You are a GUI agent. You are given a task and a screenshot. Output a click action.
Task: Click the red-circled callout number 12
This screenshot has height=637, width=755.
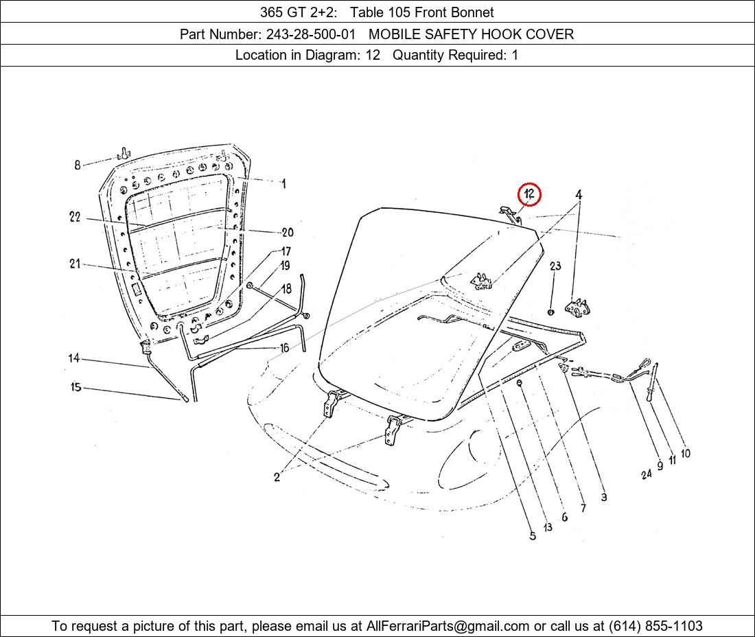click(x=530, y=194)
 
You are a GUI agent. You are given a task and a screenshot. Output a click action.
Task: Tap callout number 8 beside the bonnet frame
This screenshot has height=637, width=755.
click(x=77, y=165)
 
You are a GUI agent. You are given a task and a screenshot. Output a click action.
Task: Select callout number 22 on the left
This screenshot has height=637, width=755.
click(x=75, y=217)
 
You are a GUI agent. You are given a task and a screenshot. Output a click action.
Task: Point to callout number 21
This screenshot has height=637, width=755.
click(x=75, y=264)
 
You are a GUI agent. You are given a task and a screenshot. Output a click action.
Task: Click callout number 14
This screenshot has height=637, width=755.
click(x=73, y=358)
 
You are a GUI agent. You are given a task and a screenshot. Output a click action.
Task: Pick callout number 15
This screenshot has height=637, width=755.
click(x=76, y=386)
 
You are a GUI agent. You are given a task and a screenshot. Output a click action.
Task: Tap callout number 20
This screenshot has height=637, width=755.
click(x=288, y=233)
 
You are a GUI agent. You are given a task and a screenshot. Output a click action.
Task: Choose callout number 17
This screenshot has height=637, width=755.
click(x=286, y=251)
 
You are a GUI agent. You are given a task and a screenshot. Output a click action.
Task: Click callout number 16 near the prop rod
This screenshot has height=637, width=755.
click(x=284, y=347)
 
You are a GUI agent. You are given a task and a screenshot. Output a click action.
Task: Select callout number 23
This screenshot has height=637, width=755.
click(x=555, y=266)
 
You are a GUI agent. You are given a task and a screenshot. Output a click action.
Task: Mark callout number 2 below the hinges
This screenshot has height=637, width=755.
click(x=277, y=477)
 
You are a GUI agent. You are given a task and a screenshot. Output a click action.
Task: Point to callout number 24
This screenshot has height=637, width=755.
click(x=646, y=474)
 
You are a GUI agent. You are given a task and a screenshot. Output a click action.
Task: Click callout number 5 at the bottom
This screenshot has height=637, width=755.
click(x=533, y=535)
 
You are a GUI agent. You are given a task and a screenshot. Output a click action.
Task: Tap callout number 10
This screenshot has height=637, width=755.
click(x=685, y=453)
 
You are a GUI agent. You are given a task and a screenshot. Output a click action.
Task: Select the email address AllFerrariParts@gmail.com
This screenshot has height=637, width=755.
click(x=448, y=626)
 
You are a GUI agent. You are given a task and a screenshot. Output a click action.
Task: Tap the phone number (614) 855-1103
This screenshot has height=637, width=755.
click(x=655, y=626)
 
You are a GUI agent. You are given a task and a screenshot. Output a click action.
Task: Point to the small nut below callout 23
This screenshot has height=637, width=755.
click(x=551, y=312)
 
